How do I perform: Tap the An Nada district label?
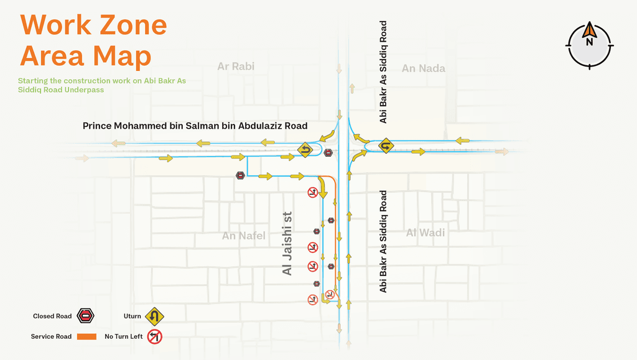(423, 68)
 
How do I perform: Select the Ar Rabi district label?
(236, 66)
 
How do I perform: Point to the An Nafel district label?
(243, 236)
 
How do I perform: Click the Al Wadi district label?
(425, 233)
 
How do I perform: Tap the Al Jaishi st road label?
(287, 243)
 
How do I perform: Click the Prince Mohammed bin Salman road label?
(195, 126)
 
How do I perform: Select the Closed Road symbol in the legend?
(85, 316)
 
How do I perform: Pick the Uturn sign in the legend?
(154, 316)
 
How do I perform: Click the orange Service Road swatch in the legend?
(86, 337)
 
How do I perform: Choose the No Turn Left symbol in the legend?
(154, 337)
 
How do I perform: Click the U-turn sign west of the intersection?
(305, 149)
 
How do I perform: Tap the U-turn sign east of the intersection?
(386, 146)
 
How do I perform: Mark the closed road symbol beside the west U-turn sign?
(328, 152)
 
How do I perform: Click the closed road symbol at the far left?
(240, 176)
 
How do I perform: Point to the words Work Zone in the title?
(93, 25)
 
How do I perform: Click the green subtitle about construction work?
(101, 85)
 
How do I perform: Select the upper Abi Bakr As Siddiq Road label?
(383, 72)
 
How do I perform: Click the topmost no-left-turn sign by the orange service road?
(313, 192)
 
